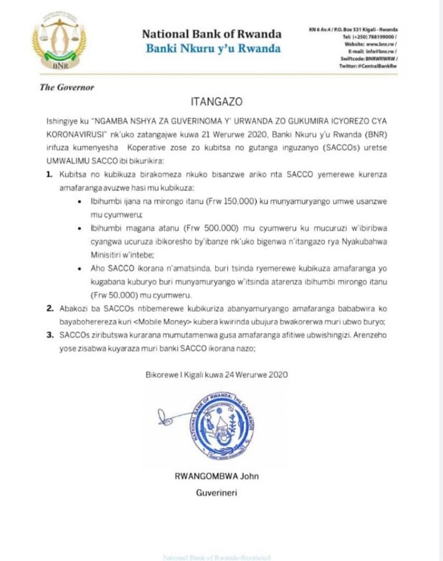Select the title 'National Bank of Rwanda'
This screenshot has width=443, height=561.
pyautogui.click(x=211, y=34)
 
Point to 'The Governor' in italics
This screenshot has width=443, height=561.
pyautogui.click(x=66, y=87)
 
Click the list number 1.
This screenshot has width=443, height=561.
pyautogui.click(x=49, y=173)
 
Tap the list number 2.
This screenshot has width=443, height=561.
pyautogui.click(x=49, y=310)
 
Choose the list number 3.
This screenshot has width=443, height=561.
pyautogui.click(x=49, y=336)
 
